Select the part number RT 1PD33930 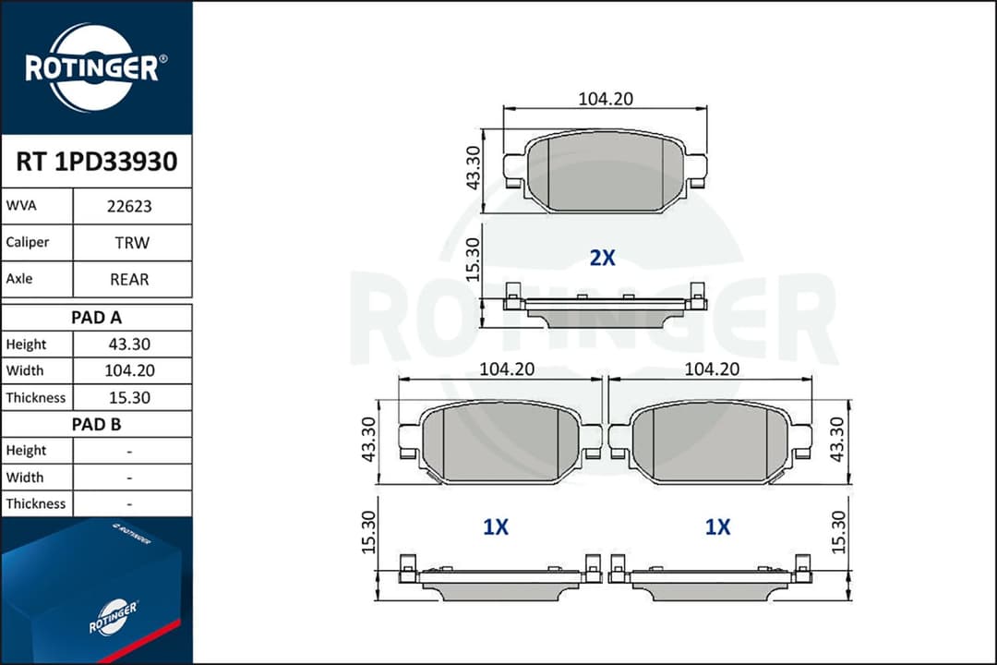click(96, 163)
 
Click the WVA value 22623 click(129, 207)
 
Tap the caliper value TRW click(129, 243)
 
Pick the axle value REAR click(129, 279)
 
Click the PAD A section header click(96, 318)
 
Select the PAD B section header click(96, 425)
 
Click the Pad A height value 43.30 click(129, 345)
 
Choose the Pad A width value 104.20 click(129, 371)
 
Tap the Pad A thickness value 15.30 click(129, 398)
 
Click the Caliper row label click(28, 243)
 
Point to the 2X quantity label click(602, 259)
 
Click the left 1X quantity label click(496, 527)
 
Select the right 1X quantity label click(717, 527)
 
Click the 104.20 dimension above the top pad click(605, 99)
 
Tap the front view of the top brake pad click(605, 171)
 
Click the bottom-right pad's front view click(710, 441)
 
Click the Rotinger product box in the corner click(92, 591)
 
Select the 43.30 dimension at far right click(836, 440)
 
